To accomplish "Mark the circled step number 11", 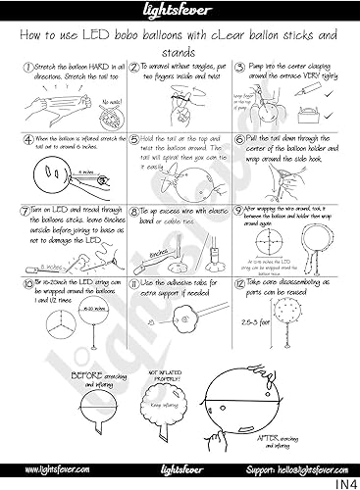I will (133, 281).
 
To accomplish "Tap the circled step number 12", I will (239, 281).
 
